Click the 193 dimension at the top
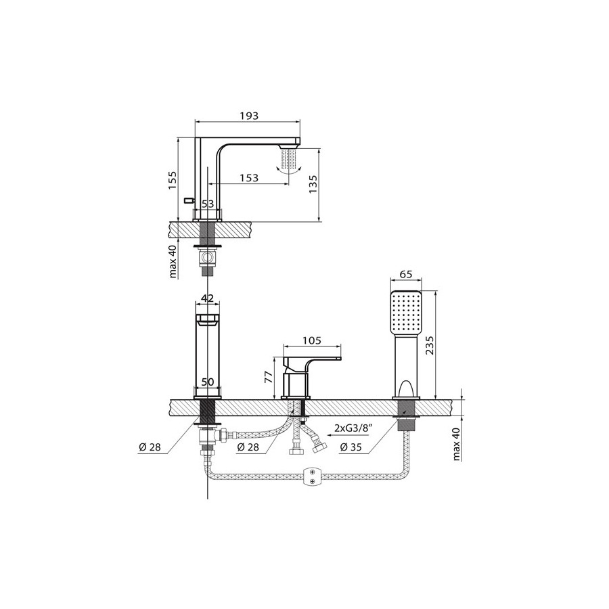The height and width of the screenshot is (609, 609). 249,116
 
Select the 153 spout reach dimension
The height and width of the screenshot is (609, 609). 249,177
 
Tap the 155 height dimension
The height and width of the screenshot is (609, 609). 172,180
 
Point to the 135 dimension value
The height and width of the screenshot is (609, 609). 313,183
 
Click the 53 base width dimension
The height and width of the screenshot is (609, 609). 208,204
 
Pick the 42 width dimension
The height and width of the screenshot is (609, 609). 208,298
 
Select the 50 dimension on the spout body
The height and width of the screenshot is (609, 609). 208,382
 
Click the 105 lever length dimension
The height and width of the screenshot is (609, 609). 312,340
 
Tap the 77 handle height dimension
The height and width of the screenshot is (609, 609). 269,377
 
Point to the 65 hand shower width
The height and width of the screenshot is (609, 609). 405,275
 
